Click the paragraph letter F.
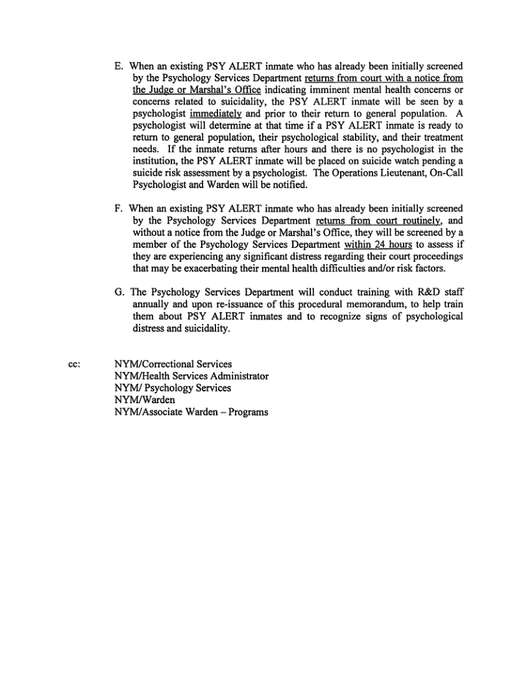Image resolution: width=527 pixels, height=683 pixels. pos(117,208)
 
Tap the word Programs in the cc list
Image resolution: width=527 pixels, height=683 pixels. pos(248,412)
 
